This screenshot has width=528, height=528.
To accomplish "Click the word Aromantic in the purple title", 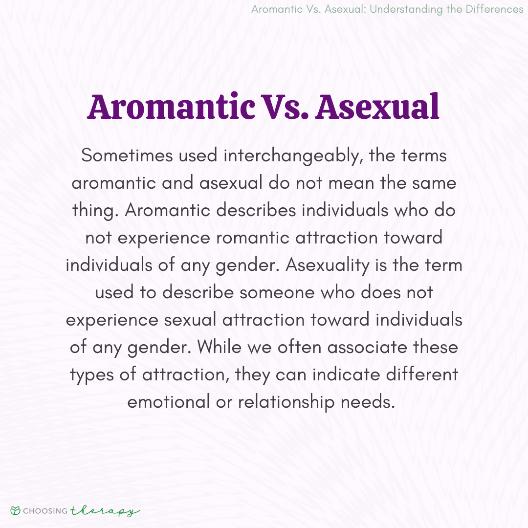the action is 171,107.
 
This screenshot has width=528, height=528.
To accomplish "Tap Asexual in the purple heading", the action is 377,107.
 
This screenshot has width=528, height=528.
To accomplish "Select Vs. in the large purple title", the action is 285,107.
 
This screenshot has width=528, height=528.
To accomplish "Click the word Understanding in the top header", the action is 406,9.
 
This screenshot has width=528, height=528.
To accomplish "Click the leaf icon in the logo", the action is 15,511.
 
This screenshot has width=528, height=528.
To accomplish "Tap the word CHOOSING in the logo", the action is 45,511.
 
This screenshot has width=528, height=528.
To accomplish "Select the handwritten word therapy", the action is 105,511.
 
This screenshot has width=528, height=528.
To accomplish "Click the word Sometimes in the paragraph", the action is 127,155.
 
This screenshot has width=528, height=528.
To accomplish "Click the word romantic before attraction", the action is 253,238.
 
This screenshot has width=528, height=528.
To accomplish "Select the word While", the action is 220,346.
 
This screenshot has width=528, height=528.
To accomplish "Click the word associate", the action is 367,347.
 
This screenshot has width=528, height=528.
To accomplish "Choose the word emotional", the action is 169,401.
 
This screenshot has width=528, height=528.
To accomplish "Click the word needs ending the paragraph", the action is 368,402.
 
